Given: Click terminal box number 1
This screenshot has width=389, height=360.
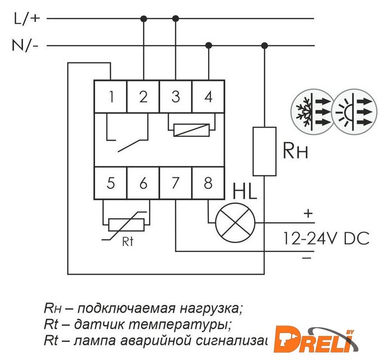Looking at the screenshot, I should coord(111,97).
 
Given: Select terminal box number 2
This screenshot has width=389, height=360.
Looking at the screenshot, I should coord(143,97).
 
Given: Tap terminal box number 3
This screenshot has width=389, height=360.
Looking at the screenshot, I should coord(176,97).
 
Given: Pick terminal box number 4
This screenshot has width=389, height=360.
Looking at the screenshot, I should coord(209,97).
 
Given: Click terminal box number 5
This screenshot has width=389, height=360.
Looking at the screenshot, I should coord(111,183).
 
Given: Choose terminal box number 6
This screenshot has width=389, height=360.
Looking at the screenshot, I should coord(143,183).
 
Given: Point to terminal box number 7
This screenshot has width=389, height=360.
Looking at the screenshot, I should coord(176,183).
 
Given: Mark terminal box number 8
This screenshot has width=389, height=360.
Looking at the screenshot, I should coord(209,183).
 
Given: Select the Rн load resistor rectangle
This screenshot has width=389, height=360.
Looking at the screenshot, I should coord(264,151).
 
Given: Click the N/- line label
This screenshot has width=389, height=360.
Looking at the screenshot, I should coord(25,46).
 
